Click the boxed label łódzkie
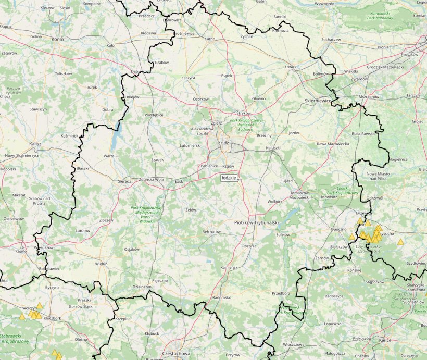pos(229,178)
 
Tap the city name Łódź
pos(223,142)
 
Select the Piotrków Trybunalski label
pos(255,222)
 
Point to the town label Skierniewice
pos(318,101)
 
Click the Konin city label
pos(57,39)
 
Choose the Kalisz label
pos(35,143)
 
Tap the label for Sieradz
pos(124,181)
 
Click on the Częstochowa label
pos(177,353)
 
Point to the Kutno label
pos(210,39)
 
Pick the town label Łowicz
pos(290,67)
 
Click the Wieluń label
pos(101,264)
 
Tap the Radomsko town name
pos(222,298)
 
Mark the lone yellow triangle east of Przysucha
pos(400,242)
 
